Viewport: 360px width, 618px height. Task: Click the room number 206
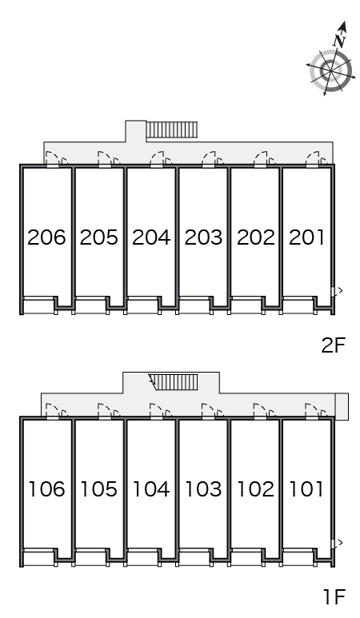point(46,237)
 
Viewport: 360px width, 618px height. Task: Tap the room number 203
point(203,237)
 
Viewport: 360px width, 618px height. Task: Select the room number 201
point(306,237)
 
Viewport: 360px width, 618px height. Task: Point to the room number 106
point(46,489)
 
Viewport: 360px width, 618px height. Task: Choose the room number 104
point(151,489)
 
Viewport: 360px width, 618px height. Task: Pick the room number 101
point(306,489)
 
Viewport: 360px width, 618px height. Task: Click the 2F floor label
point(333,345)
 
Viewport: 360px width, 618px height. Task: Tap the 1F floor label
point(334,596)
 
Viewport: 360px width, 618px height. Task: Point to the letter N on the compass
point(339,41)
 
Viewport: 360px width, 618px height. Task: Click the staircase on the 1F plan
point(174,381)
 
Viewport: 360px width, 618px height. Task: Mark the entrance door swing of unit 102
point(260,410)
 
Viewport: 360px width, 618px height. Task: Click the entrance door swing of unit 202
point(260,157)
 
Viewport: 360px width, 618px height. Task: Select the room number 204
point(151,237)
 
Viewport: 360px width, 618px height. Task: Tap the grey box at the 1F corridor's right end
point(342,406)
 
